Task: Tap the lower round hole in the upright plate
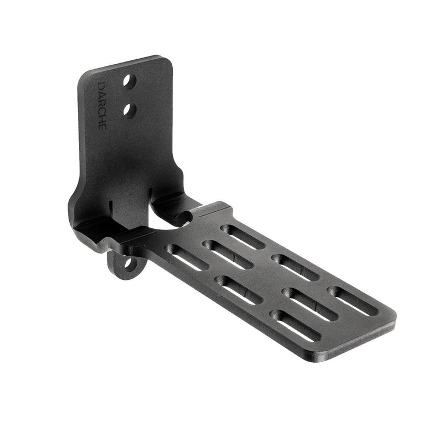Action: pos(130,110)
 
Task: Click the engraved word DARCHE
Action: pos(103,106)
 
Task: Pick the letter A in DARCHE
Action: pos(102,94)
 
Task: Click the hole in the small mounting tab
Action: pos(128,264)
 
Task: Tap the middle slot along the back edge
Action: pos(295,266)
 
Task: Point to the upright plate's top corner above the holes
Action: pos(164,58)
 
